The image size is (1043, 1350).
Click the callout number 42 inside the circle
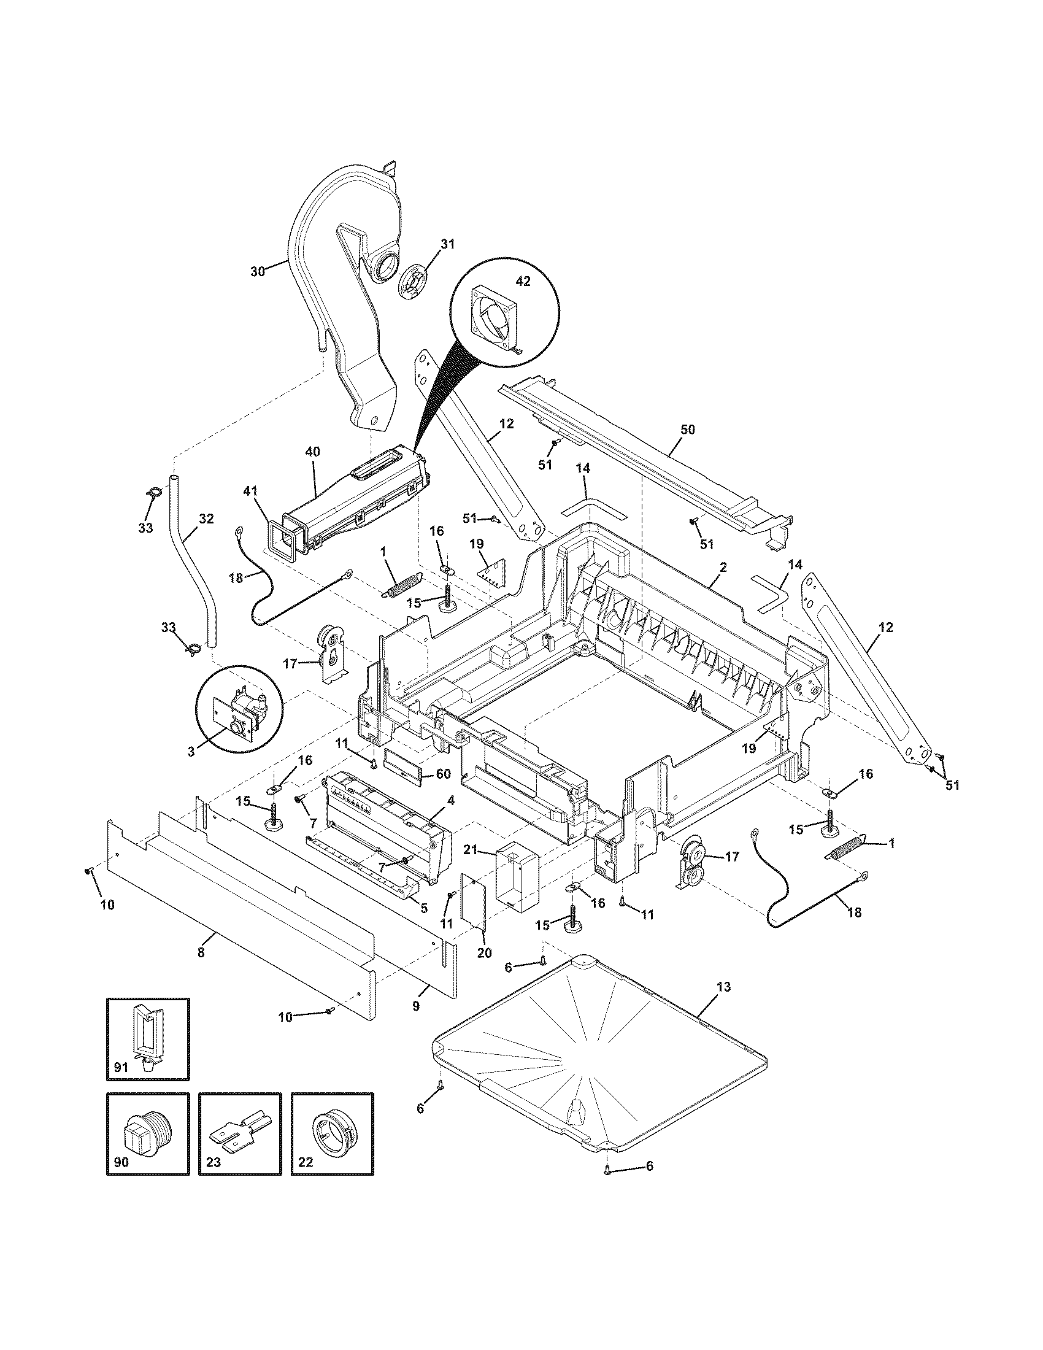(523, 281)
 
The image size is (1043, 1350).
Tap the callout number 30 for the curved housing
(258, 271)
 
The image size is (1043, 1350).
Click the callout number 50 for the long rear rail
(687, 430)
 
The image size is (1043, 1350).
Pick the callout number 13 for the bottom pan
(724, 987)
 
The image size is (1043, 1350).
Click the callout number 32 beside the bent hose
(206, 519)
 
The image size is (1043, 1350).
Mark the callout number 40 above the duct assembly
(313, 452)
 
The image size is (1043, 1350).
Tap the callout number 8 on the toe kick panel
(200, 953)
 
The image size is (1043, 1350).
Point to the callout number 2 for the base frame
(723, 566)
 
